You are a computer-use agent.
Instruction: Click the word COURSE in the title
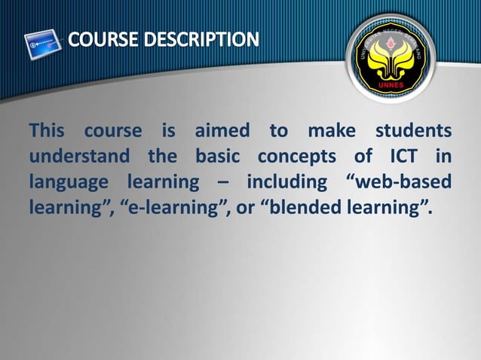point(103,38)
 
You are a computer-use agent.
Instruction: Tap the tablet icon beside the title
point(44,44)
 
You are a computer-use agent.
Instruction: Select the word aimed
point(222,132)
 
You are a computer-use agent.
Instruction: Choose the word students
point(413,132)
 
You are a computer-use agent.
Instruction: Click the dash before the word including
point(224,184)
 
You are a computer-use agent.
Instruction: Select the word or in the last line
point(246,209)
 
